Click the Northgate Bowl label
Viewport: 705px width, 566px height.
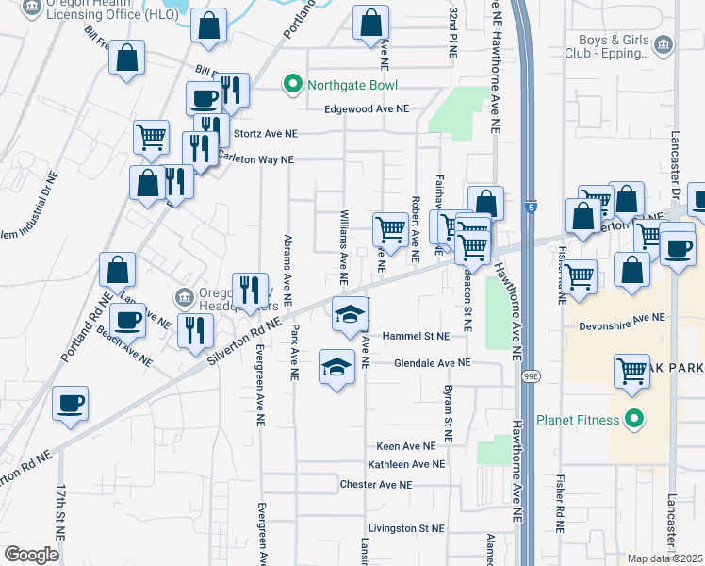tap(351, 86)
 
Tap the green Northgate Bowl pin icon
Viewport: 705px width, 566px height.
tap(292, 86)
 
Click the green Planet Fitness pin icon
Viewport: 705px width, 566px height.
tap(634, 420)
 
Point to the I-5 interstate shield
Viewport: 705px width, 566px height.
tap(533, 207)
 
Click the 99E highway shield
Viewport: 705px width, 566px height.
tap(533, 376)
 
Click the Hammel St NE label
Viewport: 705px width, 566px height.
tap(420, 336)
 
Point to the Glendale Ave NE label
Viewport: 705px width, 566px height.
tap(432, 362)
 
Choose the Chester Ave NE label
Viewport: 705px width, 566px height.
tap(376, 485)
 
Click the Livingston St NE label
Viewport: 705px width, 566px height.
tap(406, 528)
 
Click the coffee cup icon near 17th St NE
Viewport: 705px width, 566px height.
tap(71, 404)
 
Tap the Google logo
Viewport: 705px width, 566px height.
tap(31, 554)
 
